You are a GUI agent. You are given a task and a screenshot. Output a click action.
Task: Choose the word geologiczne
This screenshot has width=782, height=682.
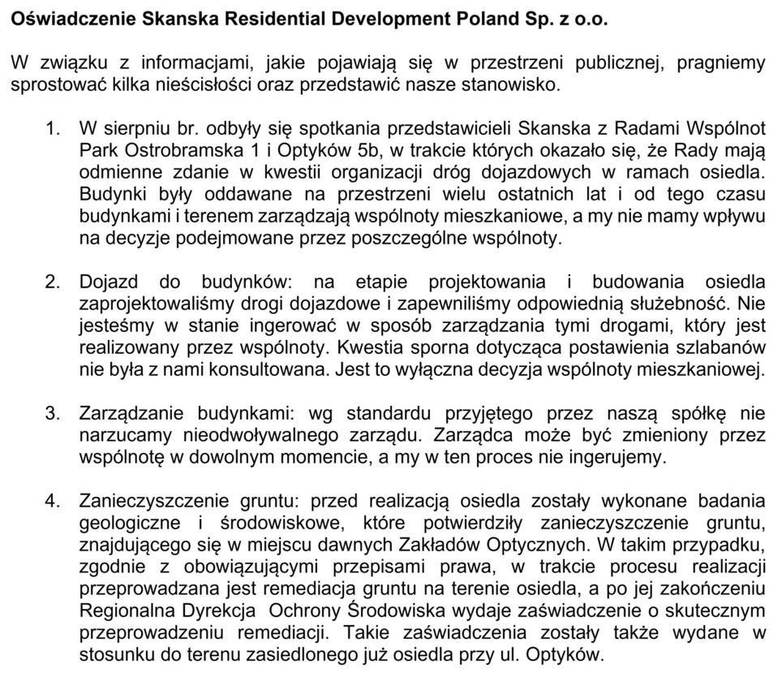[127, 523]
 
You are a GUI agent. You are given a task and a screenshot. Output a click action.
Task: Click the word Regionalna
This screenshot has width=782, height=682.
[123, 611]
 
